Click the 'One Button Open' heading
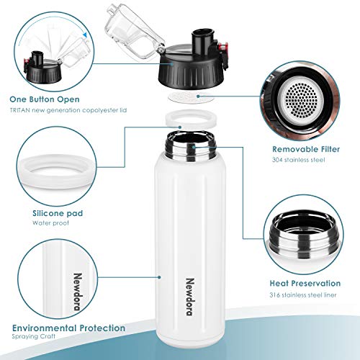point(45,99)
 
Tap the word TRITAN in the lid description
point(20,110)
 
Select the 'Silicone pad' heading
point(58,213)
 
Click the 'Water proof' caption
point(50,223)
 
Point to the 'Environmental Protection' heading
point(68,328)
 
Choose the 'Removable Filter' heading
point(306,149)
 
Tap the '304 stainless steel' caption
point(299,160)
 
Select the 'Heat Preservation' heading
point(305,283)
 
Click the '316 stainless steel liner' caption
point(303,295)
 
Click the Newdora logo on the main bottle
point(190,297)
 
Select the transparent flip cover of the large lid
point(135,29)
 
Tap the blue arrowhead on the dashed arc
point(84,35)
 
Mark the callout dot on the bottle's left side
point(159,277)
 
